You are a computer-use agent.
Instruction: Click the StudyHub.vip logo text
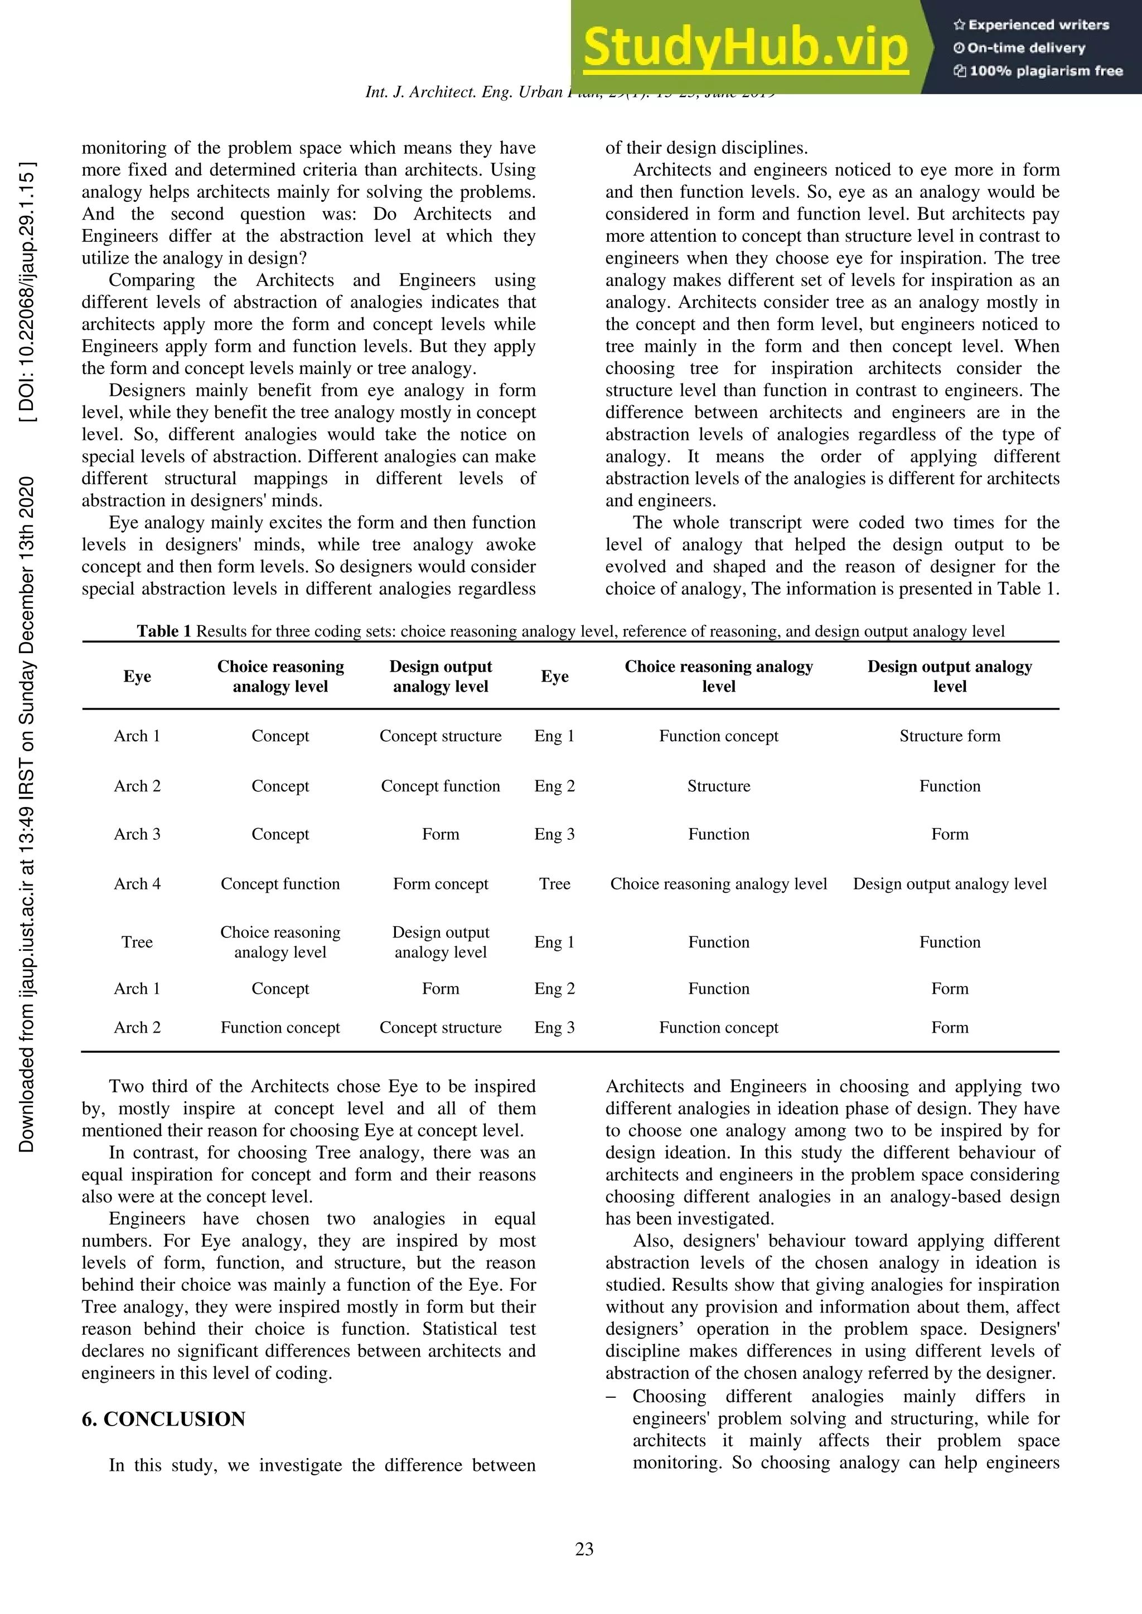click(746, 48)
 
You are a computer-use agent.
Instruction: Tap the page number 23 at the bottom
click(584, 1549)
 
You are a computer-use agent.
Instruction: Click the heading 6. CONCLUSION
click(163, 1419)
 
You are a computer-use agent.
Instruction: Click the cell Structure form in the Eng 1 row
click(949, 736)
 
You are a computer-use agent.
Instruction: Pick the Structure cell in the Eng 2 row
click(719, 786)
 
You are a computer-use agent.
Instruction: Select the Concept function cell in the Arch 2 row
click(440, 786)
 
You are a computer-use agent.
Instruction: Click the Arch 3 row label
click(137, 834)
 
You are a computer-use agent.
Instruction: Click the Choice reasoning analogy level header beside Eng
click(719, 676)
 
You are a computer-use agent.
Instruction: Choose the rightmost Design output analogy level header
click(949, 676)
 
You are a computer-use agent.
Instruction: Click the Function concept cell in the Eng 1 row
click(719, 736)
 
